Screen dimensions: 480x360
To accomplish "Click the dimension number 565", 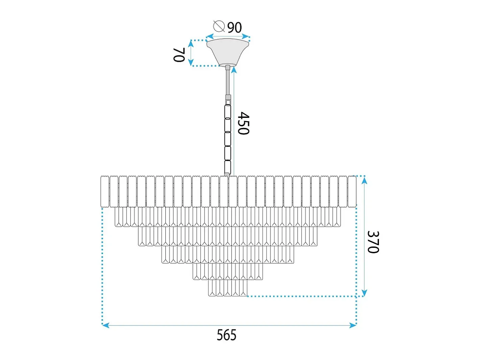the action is point(226,335).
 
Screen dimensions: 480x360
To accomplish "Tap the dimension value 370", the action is point(373,242).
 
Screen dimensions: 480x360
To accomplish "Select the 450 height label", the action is point(243,123).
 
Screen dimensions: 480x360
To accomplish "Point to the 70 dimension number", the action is point(179,55).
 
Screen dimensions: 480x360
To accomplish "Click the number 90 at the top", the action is point(235,27).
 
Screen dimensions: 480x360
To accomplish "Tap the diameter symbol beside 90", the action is point(219,26).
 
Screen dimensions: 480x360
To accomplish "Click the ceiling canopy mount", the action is point(227,52).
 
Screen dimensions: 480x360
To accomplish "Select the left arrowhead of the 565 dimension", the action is point(105,326).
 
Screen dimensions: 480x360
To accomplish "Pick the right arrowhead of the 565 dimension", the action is point(353,326).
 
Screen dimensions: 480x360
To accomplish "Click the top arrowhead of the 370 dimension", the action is point(364,181).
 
